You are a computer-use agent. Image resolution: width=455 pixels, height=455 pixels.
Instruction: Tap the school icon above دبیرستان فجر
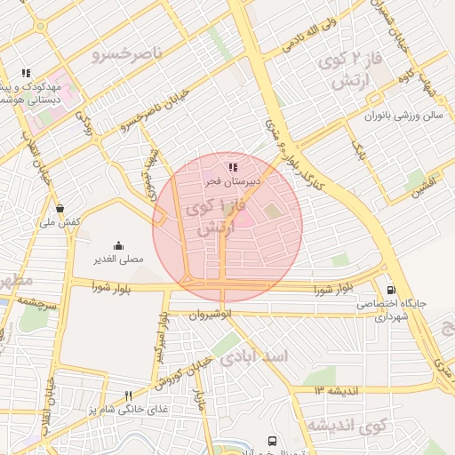[x=232, y=167]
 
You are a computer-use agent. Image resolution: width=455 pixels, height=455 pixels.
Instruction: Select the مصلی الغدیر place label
[x=118, y=259]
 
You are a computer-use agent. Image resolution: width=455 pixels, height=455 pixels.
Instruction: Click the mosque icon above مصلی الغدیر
[x=118, y=246]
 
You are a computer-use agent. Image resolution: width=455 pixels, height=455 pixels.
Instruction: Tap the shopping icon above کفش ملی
[x=60, y=209]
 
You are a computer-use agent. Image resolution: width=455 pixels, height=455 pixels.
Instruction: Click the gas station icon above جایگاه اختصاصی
[x=391, y=290]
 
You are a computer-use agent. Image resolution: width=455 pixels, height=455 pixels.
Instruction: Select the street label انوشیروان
[x=212, y=314]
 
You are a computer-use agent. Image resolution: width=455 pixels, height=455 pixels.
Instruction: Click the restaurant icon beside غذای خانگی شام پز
[x=128, y=395]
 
